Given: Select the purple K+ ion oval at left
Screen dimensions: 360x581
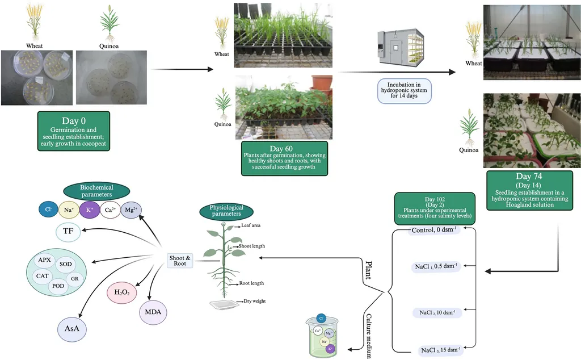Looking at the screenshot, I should pos(89,210).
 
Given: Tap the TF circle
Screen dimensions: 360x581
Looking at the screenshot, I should pos(68,232).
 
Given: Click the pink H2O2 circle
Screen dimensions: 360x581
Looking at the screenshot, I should pos(120,292).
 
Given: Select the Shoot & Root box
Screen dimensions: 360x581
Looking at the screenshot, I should pos(180,261).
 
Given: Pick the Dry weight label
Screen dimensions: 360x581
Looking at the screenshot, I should pos(255,302).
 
